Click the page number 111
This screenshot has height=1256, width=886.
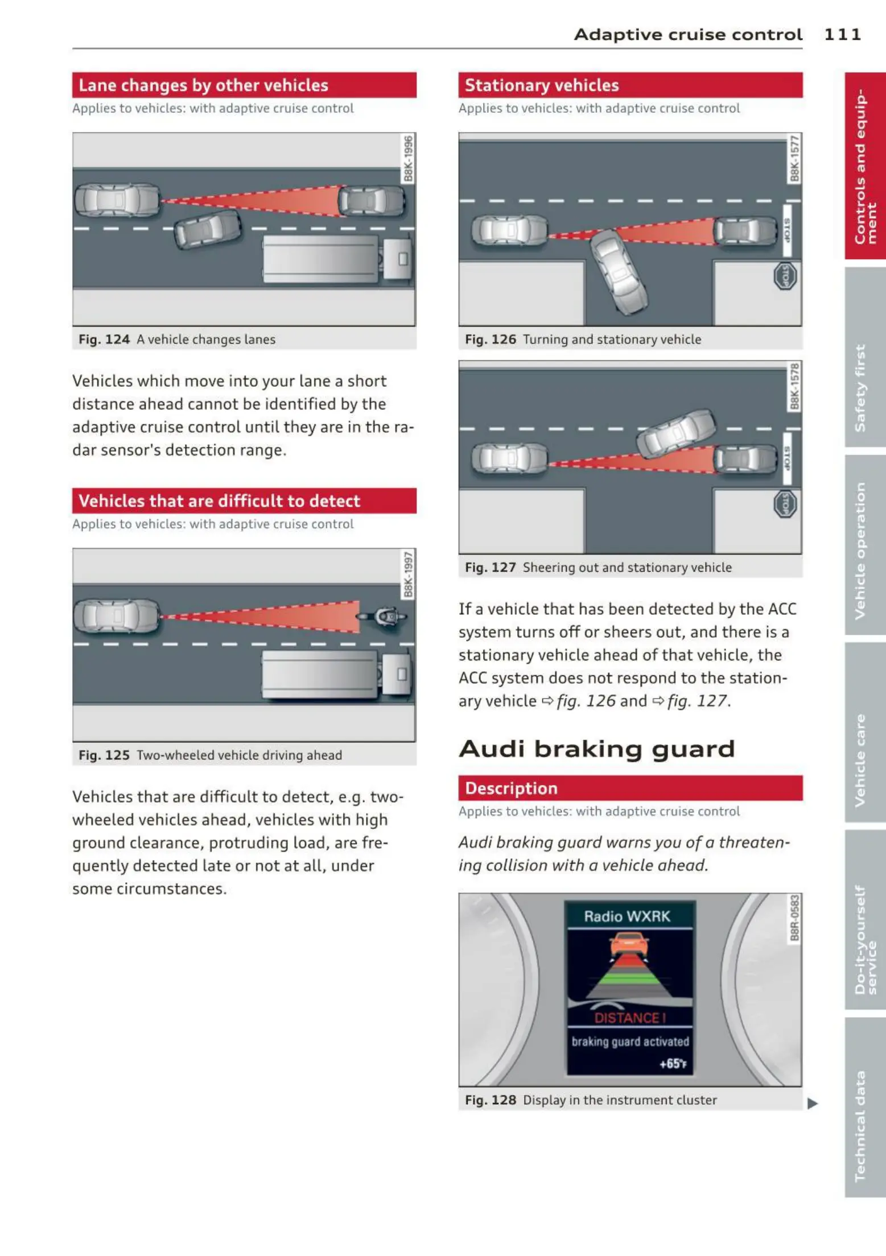[x=842, y=35]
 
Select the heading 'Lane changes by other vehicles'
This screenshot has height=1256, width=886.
[x=203, y=85]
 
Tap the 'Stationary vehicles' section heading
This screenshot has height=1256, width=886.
[x=541, y=85]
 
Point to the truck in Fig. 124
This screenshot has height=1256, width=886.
[x=336, y=259]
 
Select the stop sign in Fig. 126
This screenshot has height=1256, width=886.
[x=785, y=277]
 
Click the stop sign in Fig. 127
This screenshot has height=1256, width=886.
[x=785, y=505]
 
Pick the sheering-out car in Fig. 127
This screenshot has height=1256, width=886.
[x=677, y=433]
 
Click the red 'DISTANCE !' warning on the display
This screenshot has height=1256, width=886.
[x=629, y=1018]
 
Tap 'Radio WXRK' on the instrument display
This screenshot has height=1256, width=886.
[x=627, y=916]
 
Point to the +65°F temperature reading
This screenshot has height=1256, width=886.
[x=673, y=1064]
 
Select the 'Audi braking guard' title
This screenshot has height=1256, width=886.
[x=597, y=749]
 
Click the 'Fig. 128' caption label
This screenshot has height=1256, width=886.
[x=490, y=1100]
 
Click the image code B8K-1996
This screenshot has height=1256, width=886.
[x=408, y=159]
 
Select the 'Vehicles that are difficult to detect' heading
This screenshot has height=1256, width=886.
[x=219, y=501]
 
